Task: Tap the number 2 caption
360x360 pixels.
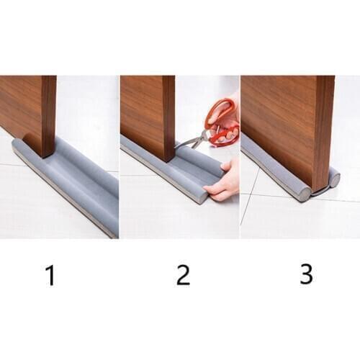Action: (x=183, y=275)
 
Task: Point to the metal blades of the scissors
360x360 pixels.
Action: (x=189, y=141)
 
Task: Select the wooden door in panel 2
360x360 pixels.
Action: (x=144, y=108)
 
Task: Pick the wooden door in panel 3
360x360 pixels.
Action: (x=281, y=122)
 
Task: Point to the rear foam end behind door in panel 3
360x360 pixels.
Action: (x=333, y=176)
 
